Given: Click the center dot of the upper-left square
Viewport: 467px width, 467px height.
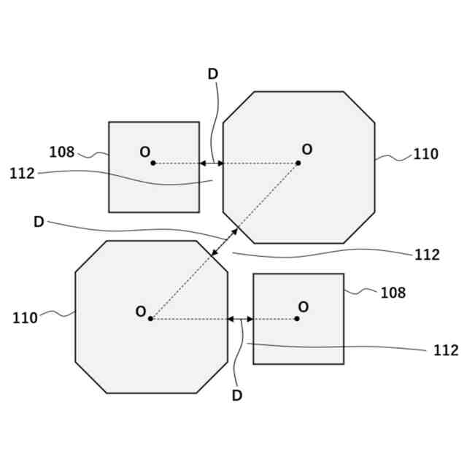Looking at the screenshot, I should [153, 163].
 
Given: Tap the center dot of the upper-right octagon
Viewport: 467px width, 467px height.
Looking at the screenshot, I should [298, 163].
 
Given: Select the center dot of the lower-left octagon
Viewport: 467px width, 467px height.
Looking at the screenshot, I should [150, 319].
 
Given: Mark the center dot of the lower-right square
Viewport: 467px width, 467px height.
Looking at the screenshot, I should [297, 319].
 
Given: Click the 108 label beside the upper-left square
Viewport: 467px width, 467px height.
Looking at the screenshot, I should [62, 153].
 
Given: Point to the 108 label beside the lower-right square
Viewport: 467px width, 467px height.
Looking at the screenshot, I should [393, 293].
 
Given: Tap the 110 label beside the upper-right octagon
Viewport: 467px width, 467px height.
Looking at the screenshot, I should [425, 155].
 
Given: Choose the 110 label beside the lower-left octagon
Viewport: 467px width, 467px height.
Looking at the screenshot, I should [25, 318].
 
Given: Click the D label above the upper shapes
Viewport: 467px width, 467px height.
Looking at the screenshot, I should [213, 74].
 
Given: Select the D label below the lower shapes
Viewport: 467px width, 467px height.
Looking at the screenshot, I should [237, 396].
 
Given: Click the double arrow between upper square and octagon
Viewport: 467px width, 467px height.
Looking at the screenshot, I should [212, 163].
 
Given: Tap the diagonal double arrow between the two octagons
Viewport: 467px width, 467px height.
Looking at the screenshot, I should [224, 242].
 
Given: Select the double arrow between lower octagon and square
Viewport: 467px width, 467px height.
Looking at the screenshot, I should [240, 319].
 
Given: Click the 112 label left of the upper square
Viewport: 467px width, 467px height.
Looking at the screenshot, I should [23, 174].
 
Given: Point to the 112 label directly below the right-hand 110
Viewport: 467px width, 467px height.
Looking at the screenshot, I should [427, 255].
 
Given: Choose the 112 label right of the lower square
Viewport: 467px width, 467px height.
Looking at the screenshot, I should [445, 351].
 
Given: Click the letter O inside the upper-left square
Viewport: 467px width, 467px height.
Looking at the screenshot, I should [145, 152].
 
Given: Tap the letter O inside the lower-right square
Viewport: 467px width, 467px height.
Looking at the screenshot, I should [304, 307].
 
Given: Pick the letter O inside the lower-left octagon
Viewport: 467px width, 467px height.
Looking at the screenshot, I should [141, 312].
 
